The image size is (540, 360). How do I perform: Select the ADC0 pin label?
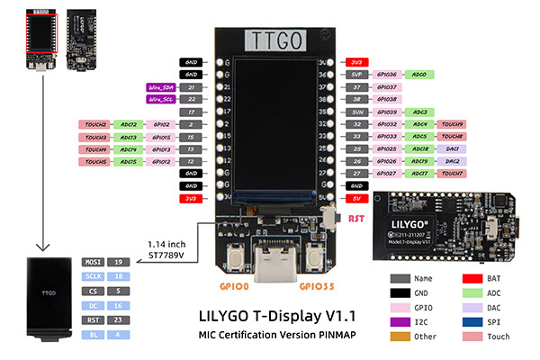419,75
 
